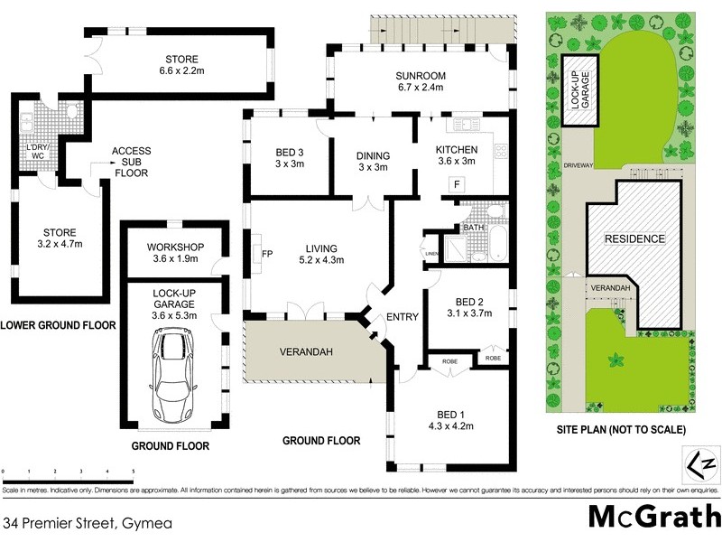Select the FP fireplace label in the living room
point(267,254)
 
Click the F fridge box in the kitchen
point(458,184)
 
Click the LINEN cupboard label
point(431,254)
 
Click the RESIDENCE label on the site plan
point(634,239)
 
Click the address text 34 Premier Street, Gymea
point(88,522)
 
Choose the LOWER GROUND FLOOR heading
point(58,325)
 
